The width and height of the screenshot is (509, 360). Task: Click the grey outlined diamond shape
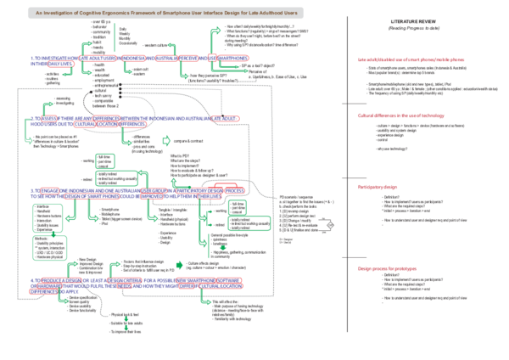tap(330, 225)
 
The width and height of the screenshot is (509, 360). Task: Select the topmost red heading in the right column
tap(411, 59)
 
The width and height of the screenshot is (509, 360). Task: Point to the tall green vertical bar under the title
tap(114, 38)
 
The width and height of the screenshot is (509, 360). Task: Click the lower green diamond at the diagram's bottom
tap(126, 328)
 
